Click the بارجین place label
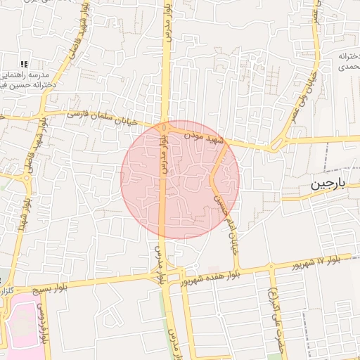[x=328, y=185]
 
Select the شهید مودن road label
[x=205, y=136]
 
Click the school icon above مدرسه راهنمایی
[x=24, y=64]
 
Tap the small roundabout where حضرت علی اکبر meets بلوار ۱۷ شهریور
[x=271, y=266]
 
